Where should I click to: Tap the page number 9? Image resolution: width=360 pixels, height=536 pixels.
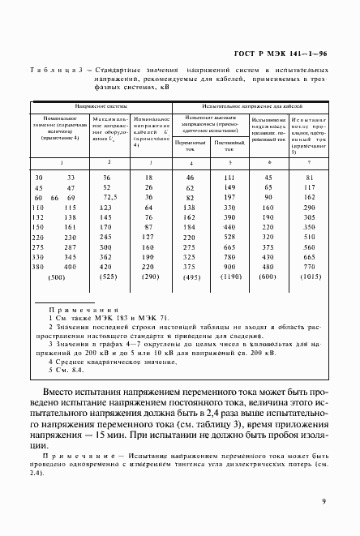click(324, 503)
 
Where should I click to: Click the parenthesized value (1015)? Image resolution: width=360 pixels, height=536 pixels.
click(308, 277)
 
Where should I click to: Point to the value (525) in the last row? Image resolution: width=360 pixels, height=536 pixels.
click(106, 277)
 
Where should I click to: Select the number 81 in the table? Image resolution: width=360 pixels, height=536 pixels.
click(308, 176)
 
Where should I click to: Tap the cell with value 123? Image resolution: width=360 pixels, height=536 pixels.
click(106, 209)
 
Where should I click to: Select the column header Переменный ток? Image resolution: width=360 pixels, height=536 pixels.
click(190, 146)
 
